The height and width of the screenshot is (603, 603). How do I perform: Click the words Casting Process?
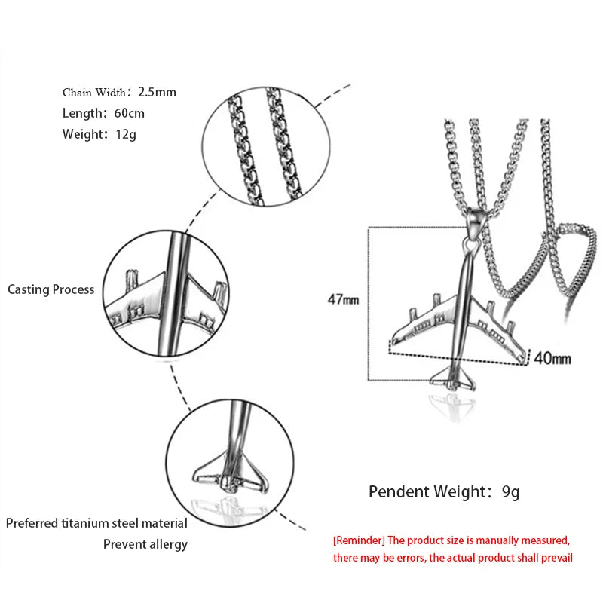[51, 289]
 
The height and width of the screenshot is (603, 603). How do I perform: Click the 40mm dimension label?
[552, 358]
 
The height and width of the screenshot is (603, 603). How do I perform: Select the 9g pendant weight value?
[511, 492]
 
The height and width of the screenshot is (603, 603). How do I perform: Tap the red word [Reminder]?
[359, 540]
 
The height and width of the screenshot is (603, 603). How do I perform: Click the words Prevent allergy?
[145, 544]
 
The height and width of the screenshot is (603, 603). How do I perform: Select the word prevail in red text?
[553, 558]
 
